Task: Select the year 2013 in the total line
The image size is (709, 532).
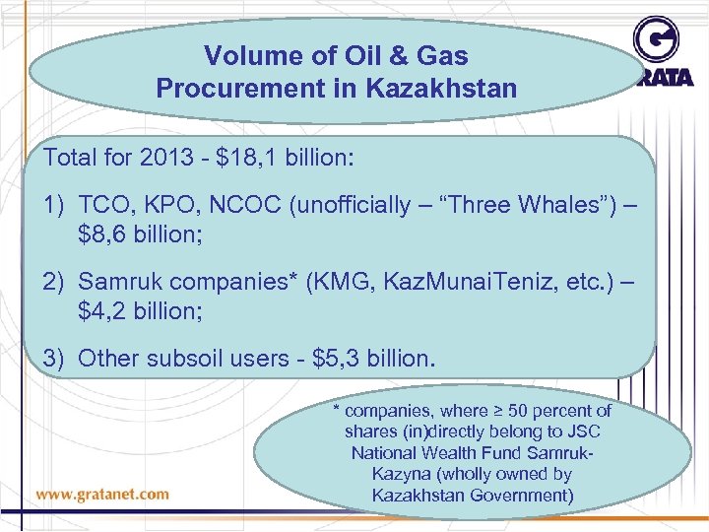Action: [161, 158]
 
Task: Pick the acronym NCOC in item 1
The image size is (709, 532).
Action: [230, 205]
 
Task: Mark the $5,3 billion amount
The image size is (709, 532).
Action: [370, 358]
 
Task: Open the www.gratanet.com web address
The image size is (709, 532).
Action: [102, 494]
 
